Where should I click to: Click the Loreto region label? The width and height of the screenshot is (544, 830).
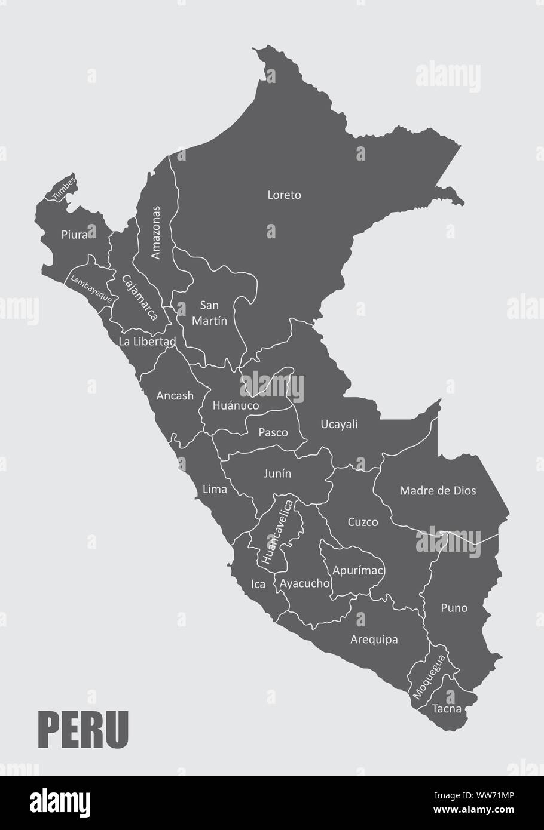(284, 195)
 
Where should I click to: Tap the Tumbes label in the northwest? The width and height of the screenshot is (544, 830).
(64, 188)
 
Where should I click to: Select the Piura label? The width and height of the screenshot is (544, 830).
(75, 235)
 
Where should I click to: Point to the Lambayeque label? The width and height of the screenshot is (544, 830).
(91, 288)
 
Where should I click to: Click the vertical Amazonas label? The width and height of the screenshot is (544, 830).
(156, 232)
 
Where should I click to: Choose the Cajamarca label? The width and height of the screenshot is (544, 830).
(139, 297)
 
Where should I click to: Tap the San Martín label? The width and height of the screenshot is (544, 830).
(209, 312)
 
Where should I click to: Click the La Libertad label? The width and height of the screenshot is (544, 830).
(147, 342)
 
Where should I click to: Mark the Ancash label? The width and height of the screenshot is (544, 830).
(175, 395)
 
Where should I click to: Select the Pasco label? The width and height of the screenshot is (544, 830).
(273, 432)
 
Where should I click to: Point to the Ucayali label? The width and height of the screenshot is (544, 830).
(339, 424)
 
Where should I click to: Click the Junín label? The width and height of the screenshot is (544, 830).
(277, 474)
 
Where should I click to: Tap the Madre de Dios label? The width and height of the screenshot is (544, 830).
(438, 491)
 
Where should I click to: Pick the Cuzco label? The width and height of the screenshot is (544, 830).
(363, 522)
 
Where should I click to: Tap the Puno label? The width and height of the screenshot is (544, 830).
(454, 608)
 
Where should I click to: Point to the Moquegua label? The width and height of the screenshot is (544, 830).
(428, 677)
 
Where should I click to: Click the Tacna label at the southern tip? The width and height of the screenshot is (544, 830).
(447, 709)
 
